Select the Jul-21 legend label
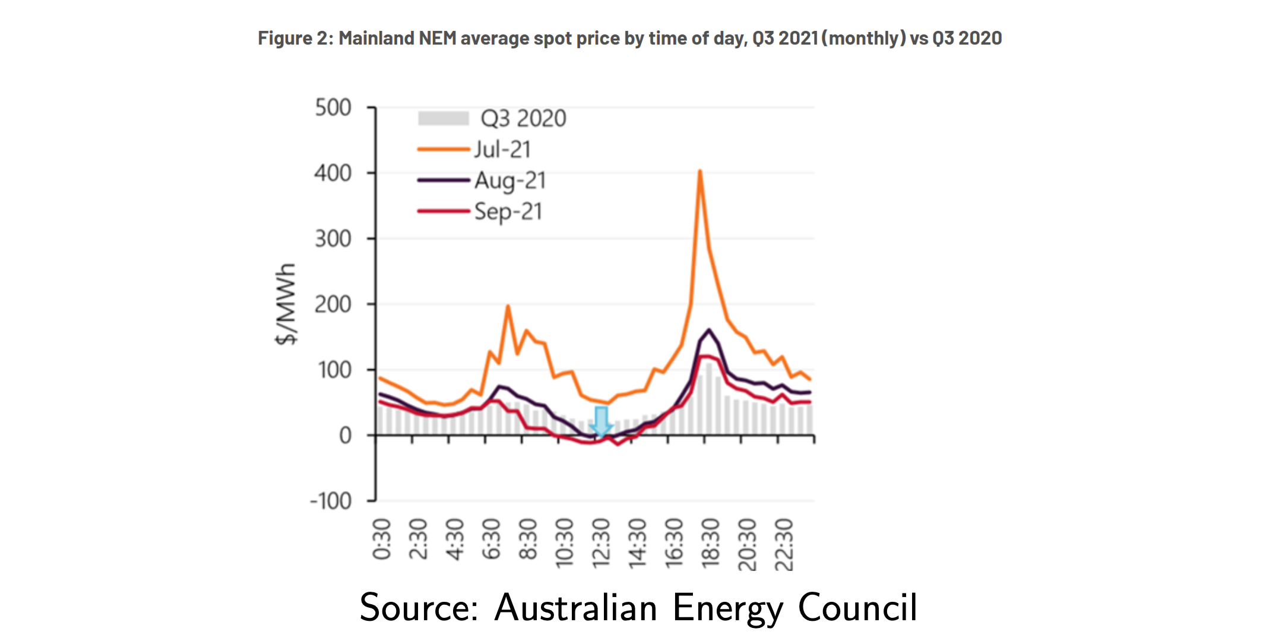[502, 149]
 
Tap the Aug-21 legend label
[509, 180]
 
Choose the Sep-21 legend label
[508, 211]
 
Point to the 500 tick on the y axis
[333, 108]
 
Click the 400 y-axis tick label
[333, 173]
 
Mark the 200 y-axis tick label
[333, 304]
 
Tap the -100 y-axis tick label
[331, 502]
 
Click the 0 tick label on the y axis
[345, 436]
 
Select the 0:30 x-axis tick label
[382, 539]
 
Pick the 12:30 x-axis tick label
[601, 542]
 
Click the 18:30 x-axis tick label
[711, 542]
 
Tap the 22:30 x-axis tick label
[784, 542]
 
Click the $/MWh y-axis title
[286, 304]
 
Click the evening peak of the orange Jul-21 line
[700, 172]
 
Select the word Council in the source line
[857, 608]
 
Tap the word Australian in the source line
[575, 608]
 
